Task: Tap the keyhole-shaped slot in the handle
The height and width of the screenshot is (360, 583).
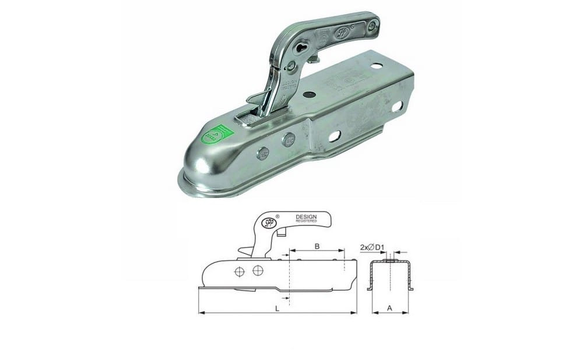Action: coord(301,47)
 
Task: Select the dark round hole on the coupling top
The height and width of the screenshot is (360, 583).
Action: coord(309,94)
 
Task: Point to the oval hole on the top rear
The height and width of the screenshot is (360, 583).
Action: coord(377,66)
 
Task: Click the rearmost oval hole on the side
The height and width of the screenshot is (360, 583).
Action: coord(397,107)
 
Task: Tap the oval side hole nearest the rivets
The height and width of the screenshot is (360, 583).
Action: coord(335,136)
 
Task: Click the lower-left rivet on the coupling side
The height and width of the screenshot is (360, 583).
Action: coord(262,154)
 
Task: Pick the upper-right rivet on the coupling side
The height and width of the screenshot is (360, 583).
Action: coord(289,139)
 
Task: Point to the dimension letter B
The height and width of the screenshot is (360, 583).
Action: coord(317,246)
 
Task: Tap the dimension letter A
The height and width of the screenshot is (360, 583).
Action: coord(389,308)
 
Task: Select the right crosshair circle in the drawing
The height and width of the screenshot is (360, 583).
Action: coord(257,270)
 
